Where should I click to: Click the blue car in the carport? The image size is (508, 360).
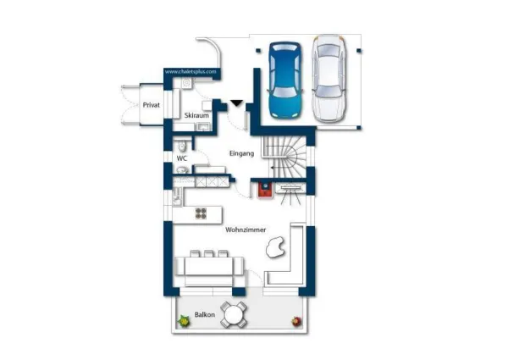pos(285,80)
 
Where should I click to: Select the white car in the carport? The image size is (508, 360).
pos(329,79)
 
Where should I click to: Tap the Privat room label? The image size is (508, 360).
pos(152,105)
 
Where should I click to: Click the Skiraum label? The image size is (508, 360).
pos(196,115)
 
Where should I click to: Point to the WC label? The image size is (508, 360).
pos(182,158)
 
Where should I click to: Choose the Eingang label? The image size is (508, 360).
pos(241,153)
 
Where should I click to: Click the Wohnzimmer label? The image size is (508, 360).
pos(246,230)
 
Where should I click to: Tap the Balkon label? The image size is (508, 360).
pos(205,314)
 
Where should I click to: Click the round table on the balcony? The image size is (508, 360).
pos(234,314)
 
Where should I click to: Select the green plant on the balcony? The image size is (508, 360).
pos(184,321)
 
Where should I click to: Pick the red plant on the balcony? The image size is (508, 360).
pos(296,321)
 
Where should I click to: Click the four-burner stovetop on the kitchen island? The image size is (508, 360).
pos(201,213)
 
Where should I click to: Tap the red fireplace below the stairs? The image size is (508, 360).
pos(265,190)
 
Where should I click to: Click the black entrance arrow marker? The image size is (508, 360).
pos(236,103)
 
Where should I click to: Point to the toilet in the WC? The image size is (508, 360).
pos(182,146)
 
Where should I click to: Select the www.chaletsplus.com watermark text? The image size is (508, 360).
pos(190,72)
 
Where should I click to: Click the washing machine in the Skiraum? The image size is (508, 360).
pos(186,83)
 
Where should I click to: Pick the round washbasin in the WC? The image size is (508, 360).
pos(183,169)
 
